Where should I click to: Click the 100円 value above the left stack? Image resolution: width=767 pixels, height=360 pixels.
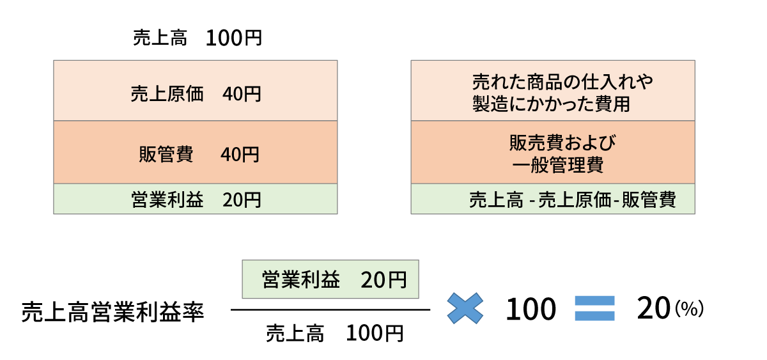click(x=234, y=38)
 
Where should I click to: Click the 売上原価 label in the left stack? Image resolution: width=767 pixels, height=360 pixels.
click(x=167, y=94)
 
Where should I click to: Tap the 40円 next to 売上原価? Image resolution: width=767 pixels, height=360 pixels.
click(x=242, y=94)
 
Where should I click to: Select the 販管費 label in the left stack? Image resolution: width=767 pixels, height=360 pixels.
click(x=166, y=154)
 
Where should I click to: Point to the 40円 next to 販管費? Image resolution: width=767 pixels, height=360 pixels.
click(x=240, y=154)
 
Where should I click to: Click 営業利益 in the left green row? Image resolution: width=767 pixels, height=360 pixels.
click(x=167, y=200)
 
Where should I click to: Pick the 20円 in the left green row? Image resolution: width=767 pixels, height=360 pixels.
click(x=242, y=200)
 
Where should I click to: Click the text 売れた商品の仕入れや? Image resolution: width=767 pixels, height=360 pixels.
click(x=562, y=82)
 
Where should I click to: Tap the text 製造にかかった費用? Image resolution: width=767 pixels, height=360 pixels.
click(x=551, y=104)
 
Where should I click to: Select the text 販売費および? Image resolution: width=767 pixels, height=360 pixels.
click(x=562, y=143)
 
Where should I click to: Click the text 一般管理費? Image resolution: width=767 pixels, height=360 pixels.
click(x=558, y=165)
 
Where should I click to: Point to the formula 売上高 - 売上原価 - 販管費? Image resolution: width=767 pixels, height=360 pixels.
click(x=573, y=200)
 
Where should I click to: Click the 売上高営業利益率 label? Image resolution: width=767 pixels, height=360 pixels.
click(x=112, y=311)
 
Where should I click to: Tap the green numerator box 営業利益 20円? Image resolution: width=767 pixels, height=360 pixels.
click(x=330, y=279)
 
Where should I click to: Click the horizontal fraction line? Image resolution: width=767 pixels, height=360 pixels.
click(x=330, y=310)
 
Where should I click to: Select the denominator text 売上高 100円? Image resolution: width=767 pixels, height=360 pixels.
click(x=334, y=333)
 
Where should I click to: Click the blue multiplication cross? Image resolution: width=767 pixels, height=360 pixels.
click(x=465, y=308)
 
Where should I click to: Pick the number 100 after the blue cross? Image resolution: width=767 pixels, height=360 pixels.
click(x=531, y=309)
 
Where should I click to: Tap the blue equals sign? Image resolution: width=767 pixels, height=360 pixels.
click(x=595, y=308)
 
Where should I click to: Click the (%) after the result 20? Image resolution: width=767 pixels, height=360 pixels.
click(x=689, y=309)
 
